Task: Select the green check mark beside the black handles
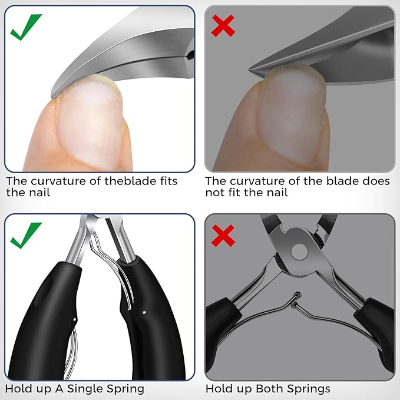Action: [25, 234]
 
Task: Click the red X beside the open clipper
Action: [224, 236]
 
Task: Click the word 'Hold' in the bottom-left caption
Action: [18, 389]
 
